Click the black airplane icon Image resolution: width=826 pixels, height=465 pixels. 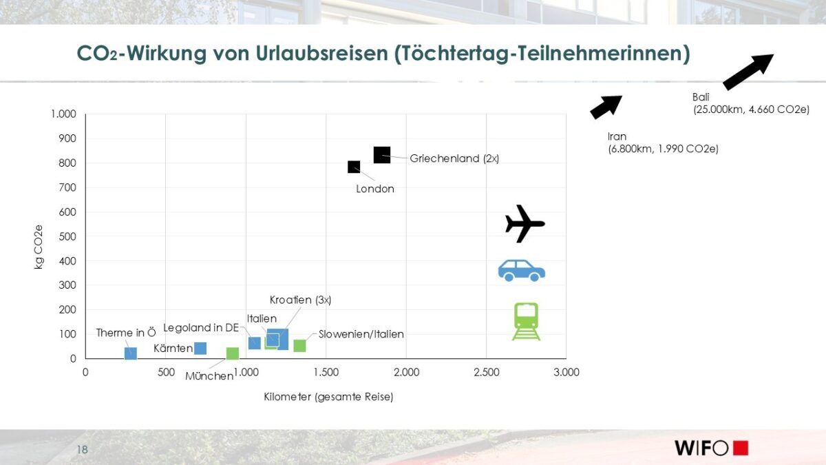point(525,223)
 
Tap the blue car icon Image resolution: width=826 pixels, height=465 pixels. point(522,270)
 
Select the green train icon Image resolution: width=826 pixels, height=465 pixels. point(526,321)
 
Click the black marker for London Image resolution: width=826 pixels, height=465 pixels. point(354,167)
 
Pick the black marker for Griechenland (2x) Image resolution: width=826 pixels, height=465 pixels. point(382,155)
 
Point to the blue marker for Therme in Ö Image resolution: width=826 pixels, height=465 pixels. point(131,353)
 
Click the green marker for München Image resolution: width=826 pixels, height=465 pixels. point(233,353)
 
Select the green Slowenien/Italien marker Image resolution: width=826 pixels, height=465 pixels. point(299,346)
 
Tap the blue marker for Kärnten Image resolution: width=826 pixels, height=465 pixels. point(200,348)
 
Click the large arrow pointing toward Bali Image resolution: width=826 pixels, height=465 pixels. point(748,72)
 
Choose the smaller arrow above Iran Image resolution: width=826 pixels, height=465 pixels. point(606,107)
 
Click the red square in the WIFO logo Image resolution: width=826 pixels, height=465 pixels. point(741,448)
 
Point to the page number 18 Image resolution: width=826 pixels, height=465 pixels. point(83,450)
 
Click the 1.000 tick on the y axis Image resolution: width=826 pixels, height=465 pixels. point(63,114)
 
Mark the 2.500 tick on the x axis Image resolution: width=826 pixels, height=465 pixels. point(486,373)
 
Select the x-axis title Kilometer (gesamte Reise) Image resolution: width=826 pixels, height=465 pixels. point(328,397)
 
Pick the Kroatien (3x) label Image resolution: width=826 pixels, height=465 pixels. point(300,300)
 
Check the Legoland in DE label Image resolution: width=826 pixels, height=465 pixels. point(201,327)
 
